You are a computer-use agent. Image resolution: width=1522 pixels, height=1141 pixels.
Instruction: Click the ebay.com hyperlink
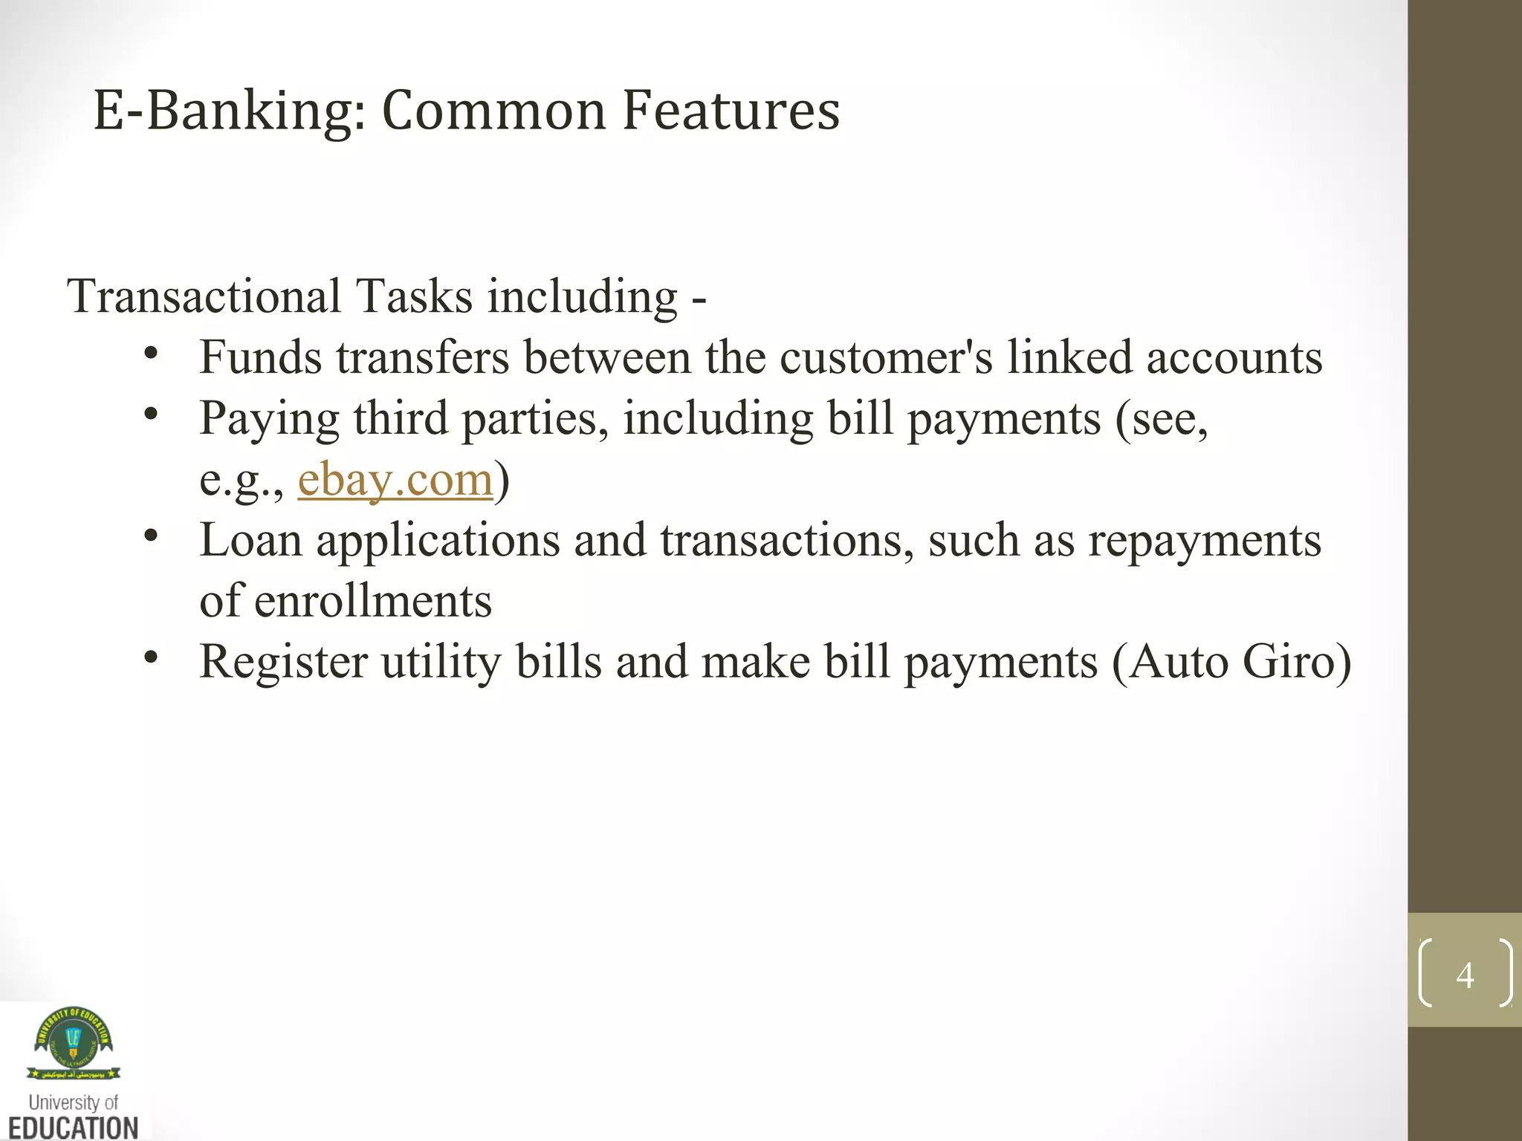pyautogui.click(x=395, y=480)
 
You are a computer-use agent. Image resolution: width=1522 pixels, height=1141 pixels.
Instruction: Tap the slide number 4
pyautogui.click(x=1465, y=975)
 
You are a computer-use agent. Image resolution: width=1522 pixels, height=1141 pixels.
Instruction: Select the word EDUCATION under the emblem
pyautogui.click(x=74, y=1127)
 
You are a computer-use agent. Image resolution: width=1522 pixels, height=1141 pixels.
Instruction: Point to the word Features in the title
pyautogui.click(x=731, y=111)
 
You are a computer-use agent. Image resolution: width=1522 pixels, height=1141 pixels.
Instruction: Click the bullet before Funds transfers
pyautogui.click(x=152, y=354)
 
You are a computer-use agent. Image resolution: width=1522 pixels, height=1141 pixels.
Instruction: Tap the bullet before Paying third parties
pyautogui.click(x=152, y=415)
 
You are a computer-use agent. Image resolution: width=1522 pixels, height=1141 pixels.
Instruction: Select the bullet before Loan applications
pyautogui.click(x=152, y=536)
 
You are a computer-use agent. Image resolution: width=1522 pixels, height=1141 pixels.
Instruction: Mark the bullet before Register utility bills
pyautogui.click(x=152, y=657)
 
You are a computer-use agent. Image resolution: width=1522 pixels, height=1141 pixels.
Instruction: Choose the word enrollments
pyautogui.click(x=373, y=601)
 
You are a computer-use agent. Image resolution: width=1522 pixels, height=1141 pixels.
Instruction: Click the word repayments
pyautogui.click(x=1205, y=541)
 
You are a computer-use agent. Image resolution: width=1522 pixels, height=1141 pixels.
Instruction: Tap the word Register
pyautogui.click(x=283, y=662)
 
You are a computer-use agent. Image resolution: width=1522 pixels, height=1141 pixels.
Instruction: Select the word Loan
pyautogui.click(x=250, y=540)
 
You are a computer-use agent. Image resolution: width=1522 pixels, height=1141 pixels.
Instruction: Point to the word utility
pyautogui.click(x=441, y=662)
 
